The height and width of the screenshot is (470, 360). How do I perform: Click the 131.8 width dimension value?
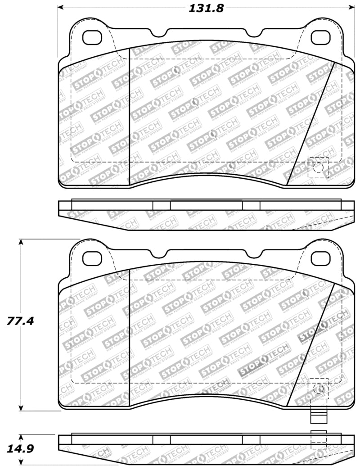(204, 8)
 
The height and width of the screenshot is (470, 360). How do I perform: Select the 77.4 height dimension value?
(21, 321)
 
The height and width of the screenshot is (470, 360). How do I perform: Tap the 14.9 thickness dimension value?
(21, 449)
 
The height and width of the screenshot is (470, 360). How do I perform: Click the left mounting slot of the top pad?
(93, 36)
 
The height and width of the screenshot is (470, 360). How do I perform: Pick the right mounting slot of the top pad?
(320, 36)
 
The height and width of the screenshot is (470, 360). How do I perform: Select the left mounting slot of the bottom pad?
(93, 258)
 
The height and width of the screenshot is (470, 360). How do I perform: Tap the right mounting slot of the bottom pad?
(320, 258)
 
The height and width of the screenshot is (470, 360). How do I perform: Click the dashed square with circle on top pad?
(318, 167)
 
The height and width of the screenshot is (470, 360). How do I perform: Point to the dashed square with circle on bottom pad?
(318, 389)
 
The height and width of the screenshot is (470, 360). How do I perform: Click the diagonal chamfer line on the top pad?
(311, 124)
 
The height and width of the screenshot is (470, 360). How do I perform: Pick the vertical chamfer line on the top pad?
(130, 115)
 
